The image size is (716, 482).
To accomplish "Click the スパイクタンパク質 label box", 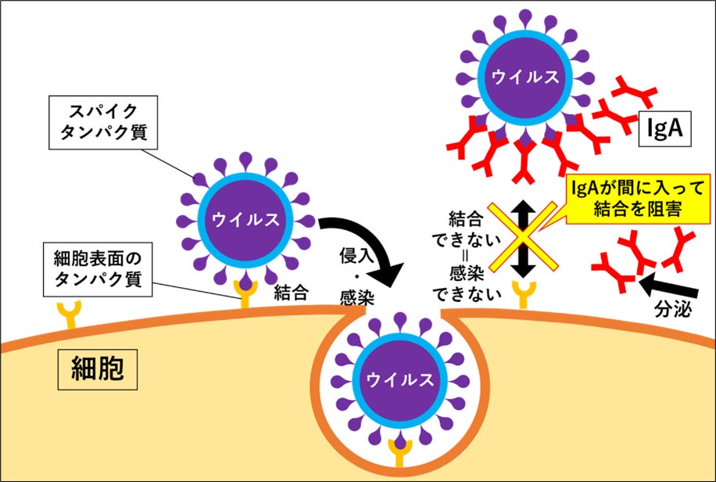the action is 103,123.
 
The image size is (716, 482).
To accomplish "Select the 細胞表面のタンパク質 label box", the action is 98,269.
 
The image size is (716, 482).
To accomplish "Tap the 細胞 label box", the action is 97,369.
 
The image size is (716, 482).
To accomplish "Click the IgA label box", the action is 665,128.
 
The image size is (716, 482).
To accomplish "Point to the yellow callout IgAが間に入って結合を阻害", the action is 638,199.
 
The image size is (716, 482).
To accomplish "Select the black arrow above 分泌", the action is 668,286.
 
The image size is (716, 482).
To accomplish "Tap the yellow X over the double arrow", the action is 523,237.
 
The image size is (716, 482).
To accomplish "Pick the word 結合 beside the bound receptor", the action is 292,293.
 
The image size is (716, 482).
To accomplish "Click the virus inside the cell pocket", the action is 400,379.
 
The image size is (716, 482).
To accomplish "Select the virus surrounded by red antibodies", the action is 525,77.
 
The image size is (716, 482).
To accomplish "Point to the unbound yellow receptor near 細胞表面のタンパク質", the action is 69,315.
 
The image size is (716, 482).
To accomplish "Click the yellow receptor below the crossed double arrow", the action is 523,294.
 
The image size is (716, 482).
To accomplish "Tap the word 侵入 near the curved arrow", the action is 356,256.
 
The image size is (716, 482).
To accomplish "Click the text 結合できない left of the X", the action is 466,229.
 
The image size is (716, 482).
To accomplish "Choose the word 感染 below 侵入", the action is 357,298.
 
